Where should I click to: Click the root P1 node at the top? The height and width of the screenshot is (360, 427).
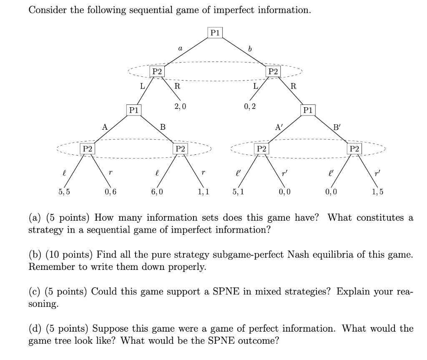tap(215, 32)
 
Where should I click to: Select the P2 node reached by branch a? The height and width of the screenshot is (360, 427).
tap(157, 71)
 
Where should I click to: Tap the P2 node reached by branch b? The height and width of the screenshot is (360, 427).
tap(273, 71)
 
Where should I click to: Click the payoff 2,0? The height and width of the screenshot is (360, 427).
tap(180, 106)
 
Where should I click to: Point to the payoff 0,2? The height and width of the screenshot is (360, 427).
tap(250, 106)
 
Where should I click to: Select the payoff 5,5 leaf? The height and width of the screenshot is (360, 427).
tap(64, 192)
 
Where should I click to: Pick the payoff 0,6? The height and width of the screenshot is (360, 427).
tap(111, 192)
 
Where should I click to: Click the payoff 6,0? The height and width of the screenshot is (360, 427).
tap(157, 192)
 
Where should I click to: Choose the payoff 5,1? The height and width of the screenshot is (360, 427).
tap(238, 192)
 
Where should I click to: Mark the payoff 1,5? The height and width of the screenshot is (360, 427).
tap(378, 192)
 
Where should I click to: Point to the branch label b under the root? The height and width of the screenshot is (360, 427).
tap(250, 50)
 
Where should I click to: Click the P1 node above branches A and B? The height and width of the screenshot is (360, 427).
tap(133, 110)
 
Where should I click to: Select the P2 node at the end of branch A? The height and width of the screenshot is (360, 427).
tap(87, 149)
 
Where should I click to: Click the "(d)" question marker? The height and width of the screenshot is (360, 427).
tap(36, 328)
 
